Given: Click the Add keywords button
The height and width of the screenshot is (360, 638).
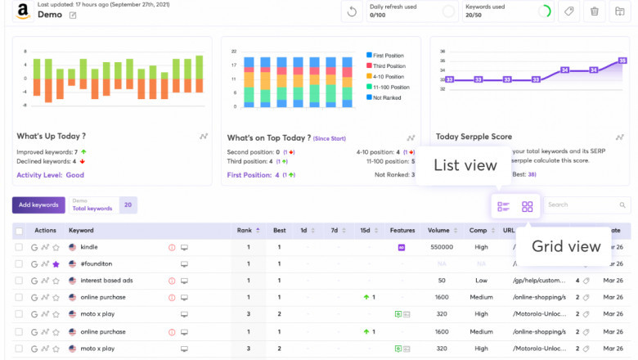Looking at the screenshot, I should [38, 205].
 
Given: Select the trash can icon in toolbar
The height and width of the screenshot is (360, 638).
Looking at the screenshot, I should [595, 11].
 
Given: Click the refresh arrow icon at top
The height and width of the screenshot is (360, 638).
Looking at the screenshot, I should [352, 11].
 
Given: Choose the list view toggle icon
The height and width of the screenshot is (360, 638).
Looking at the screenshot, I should [503, 207].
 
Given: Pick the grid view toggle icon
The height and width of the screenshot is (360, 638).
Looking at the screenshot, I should [528, 207].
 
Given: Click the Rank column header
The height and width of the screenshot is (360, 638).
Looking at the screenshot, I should [244, 231].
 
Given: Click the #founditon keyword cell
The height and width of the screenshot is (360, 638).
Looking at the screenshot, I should [96, 264].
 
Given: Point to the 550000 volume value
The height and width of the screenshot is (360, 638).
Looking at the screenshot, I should [442, 247].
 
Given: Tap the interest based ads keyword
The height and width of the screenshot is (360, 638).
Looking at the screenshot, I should [106, 281].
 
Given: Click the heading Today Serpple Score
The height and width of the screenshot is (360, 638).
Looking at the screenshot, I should [474, 137].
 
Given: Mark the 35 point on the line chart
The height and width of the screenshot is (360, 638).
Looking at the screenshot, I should [622, 61].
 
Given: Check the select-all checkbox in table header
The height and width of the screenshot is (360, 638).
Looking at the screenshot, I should [19, 231].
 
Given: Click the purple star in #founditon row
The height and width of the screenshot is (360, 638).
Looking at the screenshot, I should [56, 264].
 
